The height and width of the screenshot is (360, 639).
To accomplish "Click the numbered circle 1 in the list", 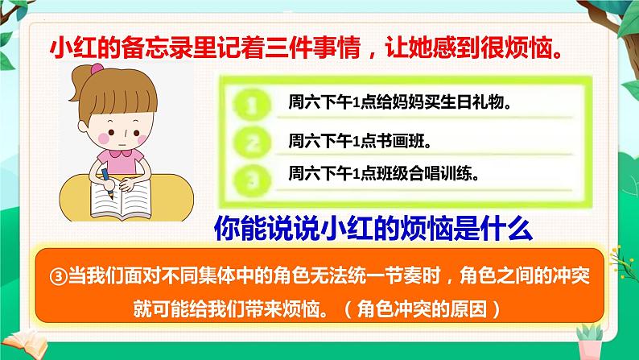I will [251, 106].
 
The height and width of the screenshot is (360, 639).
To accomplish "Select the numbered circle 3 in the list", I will [251, 176].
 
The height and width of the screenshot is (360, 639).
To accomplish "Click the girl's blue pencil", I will [107, 180].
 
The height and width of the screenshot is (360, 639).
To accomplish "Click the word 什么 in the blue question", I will [509, 230].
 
